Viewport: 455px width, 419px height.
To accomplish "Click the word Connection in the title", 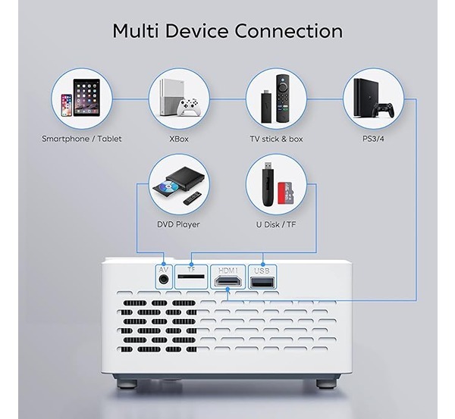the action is click(x=289, y=31).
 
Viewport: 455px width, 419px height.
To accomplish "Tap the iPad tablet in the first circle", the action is click(x=86, y=98).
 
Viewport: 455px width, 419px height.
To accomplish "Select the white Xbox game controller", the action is click(x=189, y=108).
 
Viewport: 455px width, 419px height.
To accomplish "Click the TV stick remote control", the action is click(x=283, y=98).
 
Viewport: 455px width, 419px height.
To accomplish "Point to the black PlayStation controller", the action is click(x=384, y=110).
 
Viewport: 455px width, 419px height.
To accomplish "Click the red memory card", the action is click(x=286, y=192).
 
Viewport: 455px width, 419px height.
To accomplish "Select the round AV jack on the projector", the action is click(x=164, y=280).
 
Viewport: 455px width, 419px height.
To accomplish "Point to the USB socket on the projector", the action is click(x=262, y=282).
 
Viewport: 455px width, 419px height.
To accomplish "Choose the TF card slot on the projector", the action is click(x=191, y=277).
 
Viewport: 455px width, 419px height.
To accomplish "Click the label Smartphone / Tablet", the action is click(x=82, y=139).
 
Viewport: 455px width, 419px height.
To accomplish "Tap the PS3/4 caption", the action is click(x=373, y=139).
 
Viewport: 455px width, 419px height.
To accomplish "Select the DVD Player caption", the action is click(x=178, y=224).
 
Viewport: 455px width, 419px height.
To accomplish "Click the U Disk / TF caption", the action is click(x=276, y=224).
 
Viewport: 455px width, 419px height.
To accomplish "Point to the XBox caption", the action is click(x=179, y=139).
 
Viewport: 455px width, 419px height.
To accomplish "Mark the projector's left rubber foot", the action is click(x=127, y=383).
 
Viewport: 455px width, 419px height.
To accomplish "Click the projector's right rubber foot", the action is click(x=326, y=383).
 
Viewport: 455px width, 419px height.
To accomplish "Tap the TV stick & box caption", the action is click(x=276, y=139).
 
